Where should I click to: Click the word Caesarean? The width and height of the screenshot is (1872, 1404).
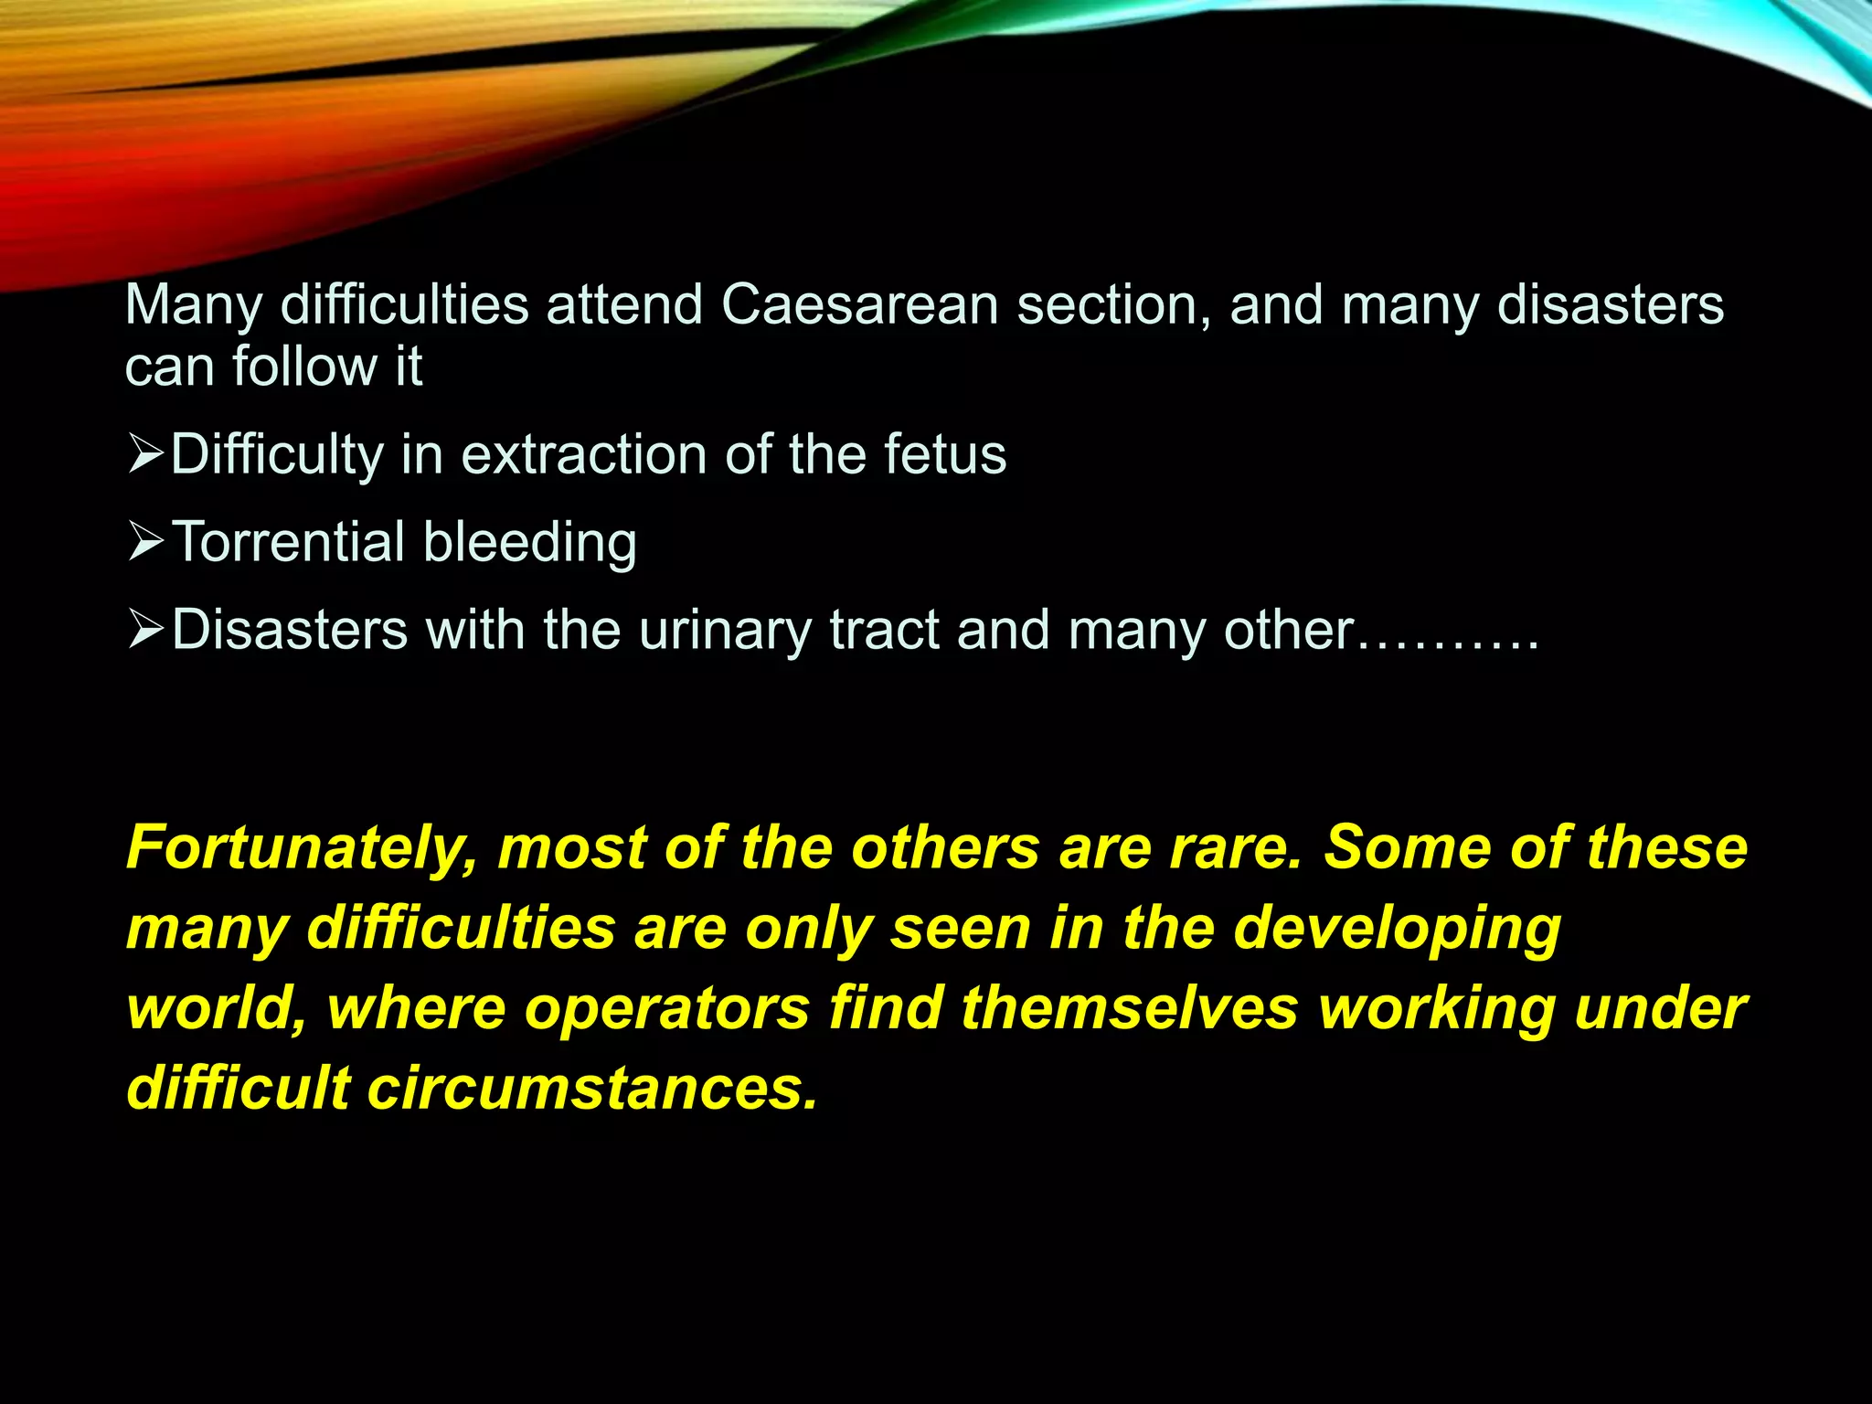point(859,304)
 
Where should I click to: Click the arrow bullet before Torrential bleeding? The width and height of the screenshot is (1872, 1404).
point(145,541)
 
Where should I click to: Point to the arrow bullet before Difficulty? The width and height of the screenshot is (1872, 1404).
point(145,454)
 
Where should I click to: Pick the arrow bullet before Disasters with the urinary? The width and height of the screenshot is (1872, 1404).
point(145,629)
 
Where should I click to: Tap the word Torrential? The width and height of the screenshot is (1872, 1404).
point(289,541)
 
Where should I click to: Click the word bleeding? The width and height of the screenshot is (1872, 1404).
point(530,543)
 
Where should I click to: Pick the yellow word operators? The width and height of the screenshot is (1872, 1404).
point(667,1009)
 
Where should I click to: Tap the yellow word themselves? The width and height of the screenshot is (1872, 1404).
point(1129,1009)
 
